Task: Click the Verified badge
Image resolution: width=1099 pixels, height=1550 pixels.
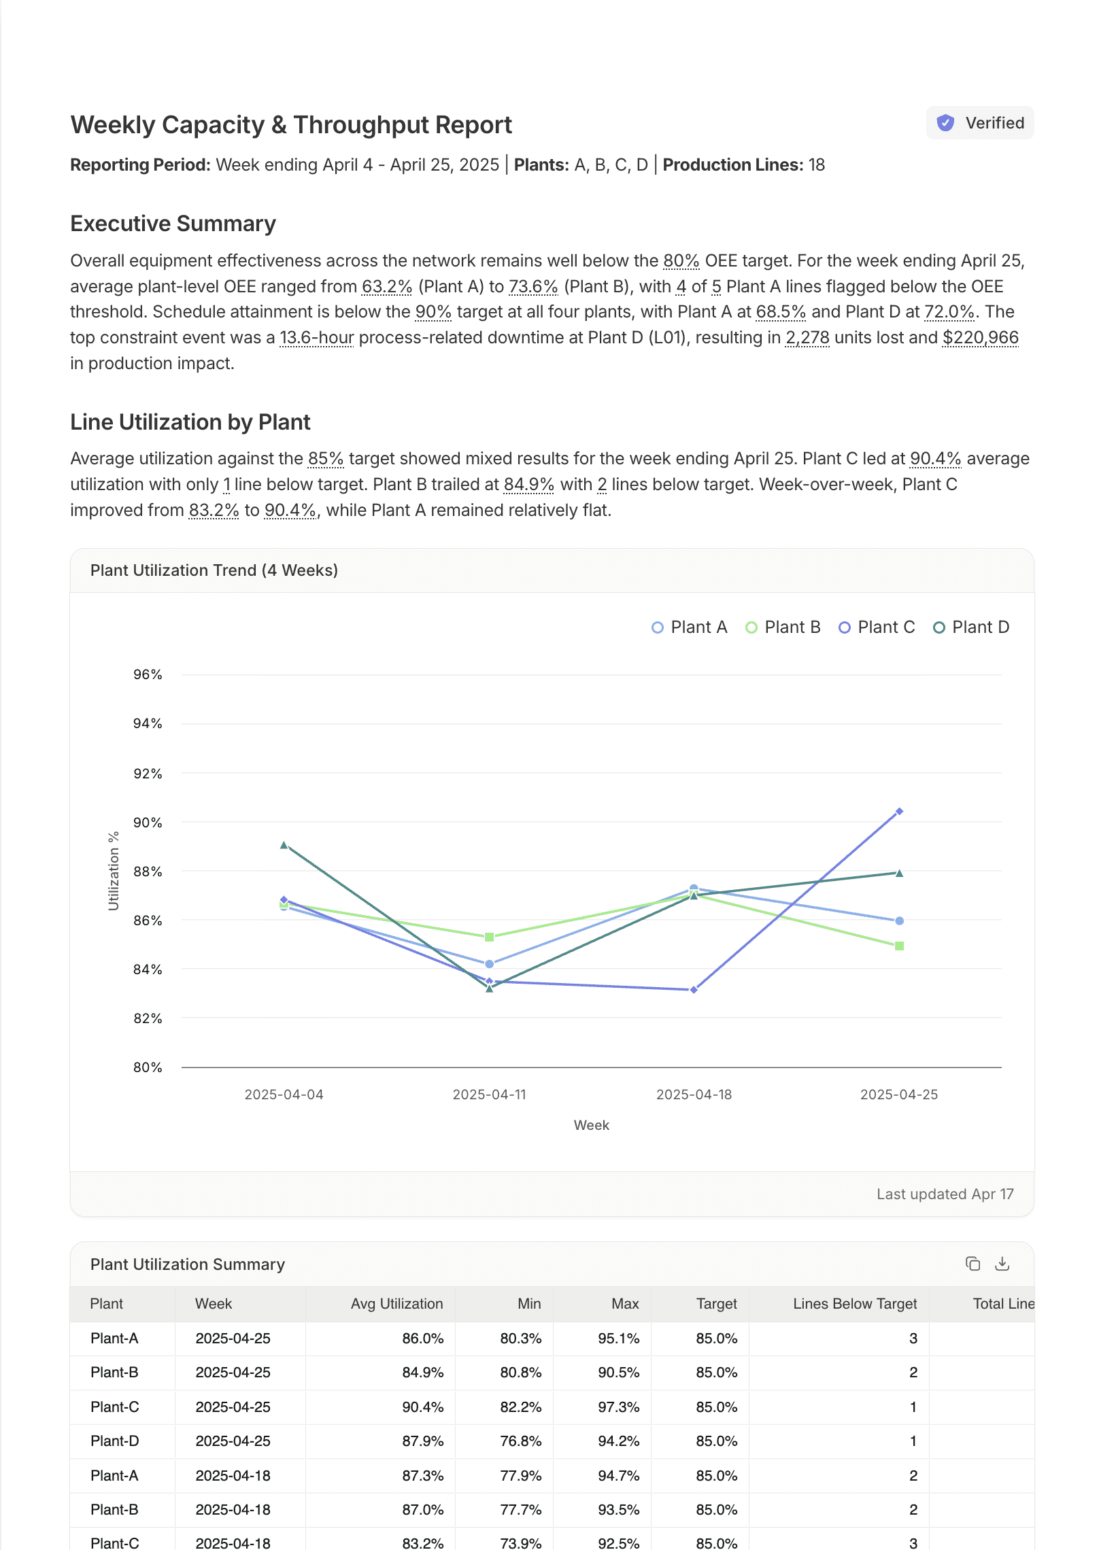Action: pos(980,123)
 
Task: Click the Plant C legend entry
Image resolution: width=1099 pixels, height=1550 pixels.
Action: pos(877,627)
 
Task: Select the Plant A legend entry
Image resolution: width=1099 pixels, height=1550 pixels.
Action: pos(690,627)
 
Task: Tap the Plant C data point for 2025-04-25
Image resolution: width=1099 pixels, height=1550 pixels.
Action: pos(899,811)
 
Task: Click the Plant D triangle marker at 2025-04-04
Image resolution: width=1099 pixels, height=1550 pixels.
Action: pos(284,845)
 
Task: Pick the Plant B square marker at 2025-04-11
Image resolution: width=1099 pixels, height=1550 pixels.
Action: pos(489,937)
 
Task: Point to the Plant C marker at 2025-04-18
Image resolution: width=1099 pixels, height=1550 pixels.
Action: pos(694,990)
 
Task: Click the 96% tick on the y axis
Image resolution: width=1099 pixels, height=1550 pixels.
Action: pos(148,674)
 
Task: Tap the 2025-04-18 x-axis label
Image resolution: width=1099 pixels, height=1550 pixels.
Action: pos(694,1095)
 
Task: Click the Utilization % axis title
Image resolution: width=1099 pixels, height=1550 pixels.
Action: pos(114,871)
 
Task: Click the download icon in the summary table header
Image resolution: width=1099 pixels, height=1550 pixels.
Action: pos(1002,1264)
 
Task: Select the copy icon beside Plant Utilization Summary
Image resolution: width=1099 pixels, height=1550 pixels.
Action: pos(973,1264)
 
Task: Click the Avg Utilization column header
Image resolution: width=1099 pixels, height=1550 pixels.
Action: pos(396,1303)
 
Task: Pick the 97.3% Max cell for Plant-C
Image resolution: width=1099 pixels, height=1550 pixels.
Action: pos(618,1407)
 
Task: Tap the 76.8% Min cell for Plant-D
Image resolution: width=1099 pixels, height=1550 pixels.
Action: pos(520,1441)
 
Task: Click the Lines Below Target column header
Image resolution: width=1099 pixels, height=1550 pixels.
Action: pos(854,1303)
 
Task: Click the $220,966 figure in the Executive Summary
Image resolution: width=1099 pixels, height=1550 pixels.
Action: pos(980,338)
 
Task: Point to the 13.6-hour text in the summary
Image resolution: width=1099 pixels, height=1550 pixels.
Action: pos(317,338)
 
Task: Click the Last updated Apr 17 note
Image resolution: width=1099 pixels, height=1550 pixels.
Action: pos(945,1194)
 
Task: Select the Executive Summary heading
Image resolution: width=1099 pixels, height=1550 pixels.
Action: pos(173,224)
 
